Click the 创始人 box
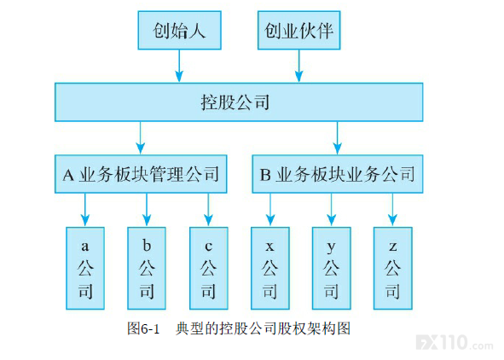coord(179,30)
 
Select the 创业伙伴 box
coord(299,30)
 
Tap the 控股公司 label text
coord(235,102)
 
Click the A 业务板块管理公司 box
coord(141,174)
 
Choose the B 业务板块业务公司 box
coord(338,174)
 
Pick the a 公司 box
coord(85,268)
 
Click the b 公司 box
coord(147,268)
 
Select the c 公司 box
coord(209,268)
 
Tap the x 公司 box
coord(270,268)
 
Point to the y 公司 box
coord(332,268)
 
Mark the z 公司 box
coord(393,268)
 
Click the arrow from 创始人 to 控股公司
coord(179,66)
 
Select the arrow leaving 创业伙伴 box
coord(299,66)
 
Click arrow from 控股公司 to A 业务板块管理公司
coord(141,138)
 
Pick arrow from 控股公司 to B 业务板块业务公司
coord(337,138)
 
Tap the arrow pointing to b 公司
coord(147,210)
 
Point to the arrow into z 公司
coord(392,210)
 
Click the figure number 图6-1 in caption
coord(143,328)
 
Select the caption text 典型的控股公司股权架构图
coord(263,328)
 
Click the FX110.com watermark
coord(455,343)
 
